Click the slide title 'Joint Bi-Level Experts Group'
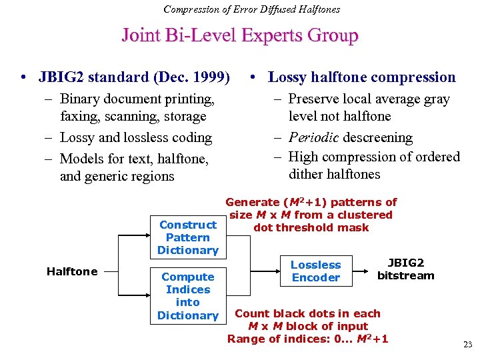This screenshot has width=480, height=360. [239, 35]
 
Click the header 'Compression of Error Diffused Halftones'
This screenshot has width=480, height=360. [251, 9]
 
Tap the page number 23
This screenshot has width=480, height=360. [467, 345]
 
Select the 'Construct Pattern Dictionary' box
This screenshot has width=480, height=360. [187, 237]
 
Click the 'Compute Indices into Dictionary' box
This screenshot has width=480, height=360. [187, 296]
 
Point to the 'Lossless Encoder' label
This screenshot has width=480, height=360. [315, 271]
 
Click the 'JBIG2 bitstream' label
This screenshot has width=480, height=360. [405, 269]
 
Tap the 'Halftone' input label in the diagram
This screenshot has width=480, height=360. [72, 271]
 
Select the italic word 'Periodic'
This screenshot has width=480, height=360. [317, 138]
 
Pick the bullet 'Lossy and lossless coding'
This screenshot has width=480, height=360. [135, 138]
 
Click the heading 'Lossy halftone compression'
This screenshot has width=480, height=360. [361, 77]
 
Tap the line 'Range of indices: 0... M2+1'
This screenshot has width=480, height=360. [307, 339]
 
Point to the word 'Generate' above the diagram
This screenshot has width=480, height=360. [253, 202]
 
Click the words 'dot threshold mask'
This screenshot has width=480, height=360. [311, 227]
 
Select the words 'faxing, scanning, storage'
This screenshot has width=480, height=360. [133, 117]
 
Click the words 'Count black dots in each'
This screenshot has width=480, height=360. [307, 313]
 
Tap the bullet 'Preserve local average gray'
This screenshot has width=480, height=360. [369, 99]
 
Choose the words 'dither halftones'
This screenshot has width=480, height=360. [334, 175]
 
